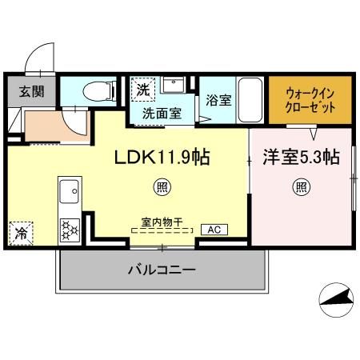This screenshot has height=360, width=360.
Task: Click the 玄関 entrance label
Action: [31, 92]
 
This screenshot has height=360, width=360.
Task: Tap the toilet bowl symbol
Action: [99, 91]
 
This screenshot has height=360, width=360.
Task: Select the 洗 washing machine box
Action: [143, 90]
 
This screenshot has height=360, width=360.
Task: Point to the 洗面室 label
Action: [162, 114]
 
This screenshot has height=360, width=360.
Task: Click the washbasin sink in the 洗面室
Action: [174, 85]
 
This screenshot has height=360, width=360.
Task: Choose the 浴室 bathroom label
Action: [218, 100]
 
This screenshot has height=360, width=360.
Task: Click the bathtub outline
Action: [250, 100]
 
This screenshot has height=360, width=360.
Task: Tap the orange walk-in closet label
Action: [310, 101]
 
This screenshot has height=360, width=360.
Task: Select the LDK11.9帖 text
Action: [162, 157]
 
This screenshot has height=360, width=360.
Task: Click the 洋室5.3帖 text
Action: [301, 157]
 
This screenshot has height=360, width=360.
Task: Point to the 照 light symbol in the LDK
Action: [162, 187]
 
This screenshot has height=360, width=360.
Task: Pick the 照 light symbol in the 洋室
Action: [301, 187]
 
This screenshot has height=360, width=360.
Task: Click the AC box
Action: [214, 230]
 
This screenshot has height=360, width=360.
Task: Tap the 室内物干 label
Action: [162, 222]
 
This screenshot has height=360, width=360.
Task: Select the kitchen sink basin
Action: [69, 191]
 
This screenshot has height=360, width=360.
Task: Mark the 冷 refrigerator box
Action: [21, 234]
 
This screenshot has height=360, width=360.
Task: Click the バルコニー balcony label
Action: [162, 270]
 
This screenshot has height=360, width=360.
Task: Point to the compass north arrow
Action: [337, 298]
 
